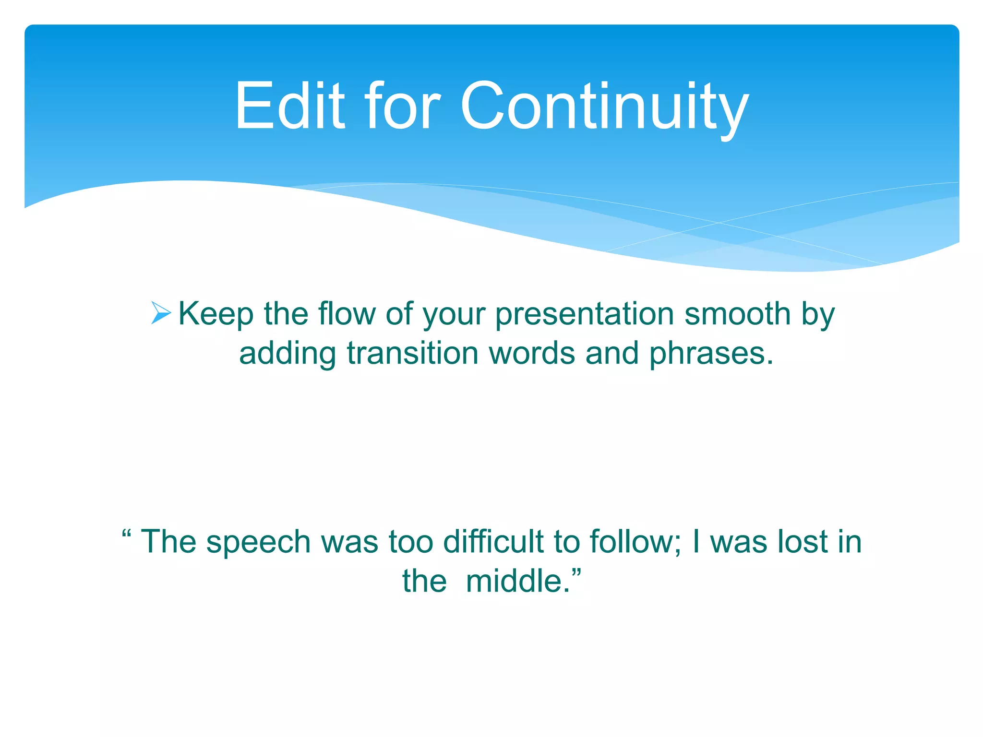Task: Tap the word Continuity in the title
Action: (604, 107)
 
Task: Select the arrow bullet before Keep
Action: (161, 313)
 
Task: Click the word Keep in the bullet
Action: (216, 314)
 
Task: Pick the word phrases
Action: (711, 354)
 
